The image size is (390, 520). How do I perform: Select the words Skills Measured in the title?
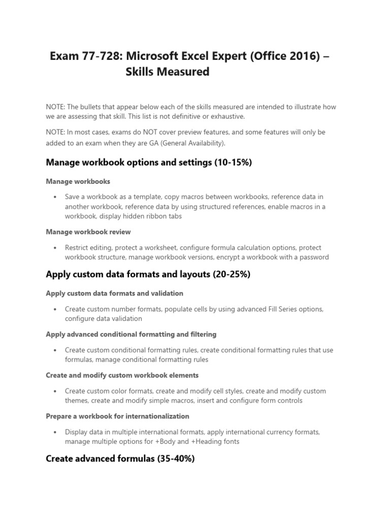click(x=167, y=72)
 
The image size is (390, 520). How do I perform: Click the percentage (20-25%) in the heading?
click(x=231, y=275)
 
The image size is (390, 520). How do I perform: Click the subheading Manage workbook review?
click(x=88, y=232)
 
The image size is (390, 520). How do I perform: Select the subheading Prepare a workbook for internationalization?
click(x=117, y=416)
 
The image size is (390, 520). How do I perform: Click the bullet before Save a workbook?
click(x=54, y=197)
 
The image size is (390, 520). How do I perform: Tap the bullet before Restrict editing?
click(x=54, y=248)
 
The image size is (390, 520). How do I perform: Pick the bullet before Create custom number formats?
click(x=54, y=309)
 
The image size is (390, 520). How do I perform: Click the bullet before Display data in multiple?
click(x=54, y=432)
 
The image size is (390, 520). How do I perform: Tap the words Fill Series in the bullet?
click(x=279, y=309)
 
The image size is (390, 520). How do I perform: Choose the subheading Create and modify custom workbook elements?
click(x=122, y=375)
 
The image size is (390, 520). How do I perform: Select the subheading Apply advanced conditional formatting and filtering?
click(x=131, y=334)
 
